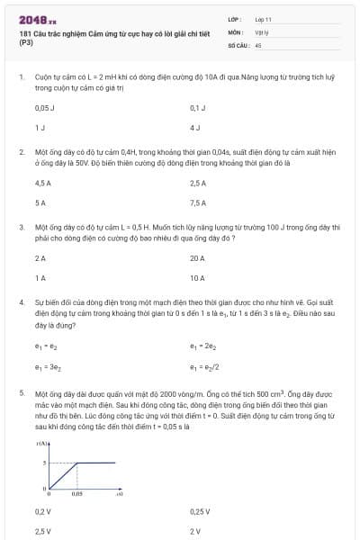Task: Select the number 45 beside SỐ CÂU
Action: coord(258,43)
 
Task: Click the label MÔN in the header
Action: coord(235,31)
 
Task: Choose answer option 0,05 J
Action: coord(43,107)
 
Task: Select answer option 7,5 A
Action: coord(198,202)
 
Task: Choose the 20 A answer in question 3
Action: coord(197,258)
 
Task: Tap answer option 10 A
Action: coord(197,278)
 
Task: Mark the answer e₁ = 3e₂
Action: coord(46,366)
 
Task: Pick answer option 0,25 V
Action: coord(200,511)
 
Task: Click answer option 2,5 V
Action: coord(42,531)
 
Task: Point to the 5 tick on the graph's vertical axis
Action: coord(42,463)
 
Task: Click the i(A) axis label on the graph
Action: coord(41,445)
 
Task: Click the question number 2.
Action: coord(22,152)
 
